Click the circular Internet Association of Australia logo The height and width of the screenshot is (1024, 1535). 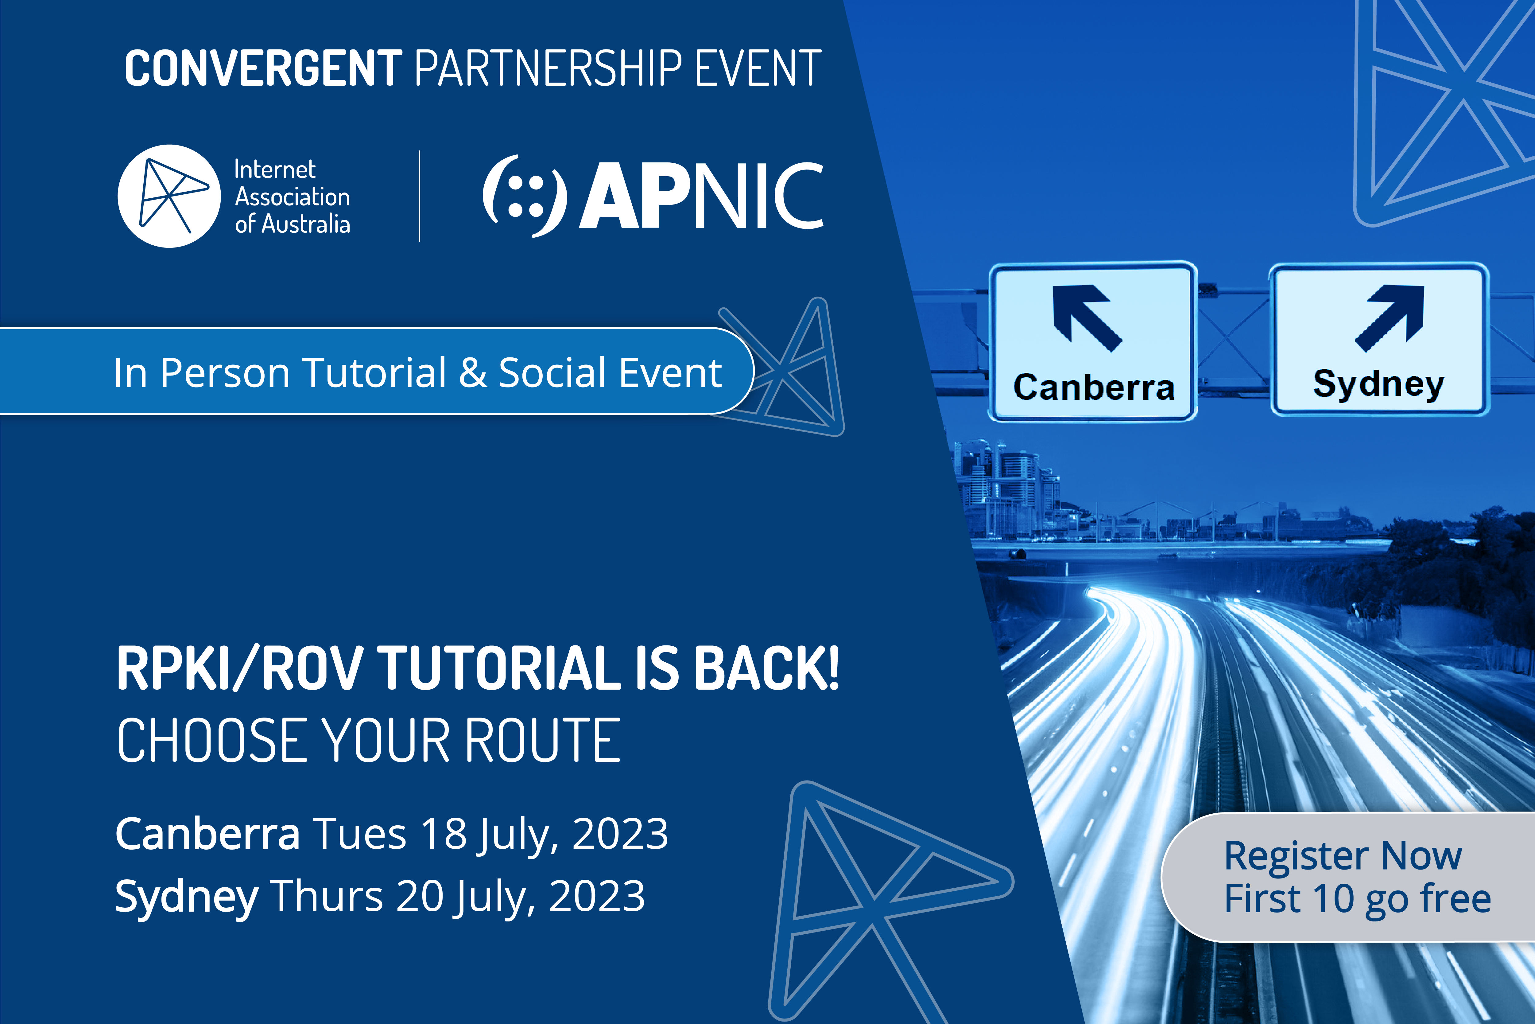(169, 196)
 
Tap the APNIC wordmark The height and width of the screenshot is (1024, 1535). (702, 196)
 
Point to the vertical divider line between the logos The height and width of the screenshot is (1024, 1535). (419, 196)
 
